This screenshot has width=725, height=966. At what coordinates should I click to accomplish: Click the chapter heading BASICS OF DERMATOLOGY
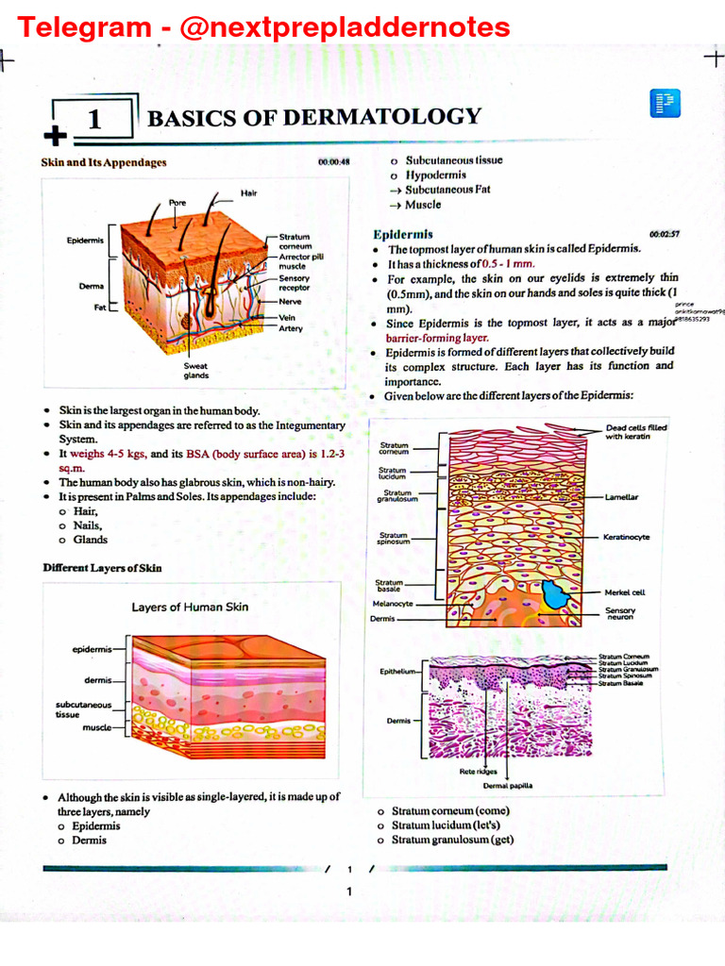pyautogui.click(x=314, y=118)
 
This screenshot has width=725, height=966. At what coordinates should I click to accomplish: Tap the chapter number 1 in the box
pyautogui.click(x=93, y=120)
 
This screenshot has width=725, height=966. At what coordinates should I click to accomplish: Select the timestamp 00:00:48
pyautogui.click(x=334, y=162)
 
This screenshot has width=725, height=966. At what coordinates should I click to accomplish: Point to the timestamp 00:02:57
pyautogui.click(x=665, y=234)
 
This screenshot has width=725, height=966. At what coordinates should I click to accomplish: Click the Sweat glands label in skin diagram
pyautogui.click(x=196, y=370)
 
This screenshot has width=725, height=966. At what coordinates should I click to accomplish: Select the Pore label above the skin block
pyautogui.click(x=177, y=203)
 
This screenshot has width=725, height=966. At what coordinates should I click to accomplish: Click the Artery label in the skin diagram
pyautogui.click(x=291, y=328)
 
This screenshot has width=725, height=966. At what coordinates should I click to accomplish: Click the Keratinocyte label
pyautogui.click(x=626, y=537)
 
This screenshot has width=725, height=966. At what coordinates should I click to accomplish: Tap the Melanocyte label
pyautogui.click(x=393, y=603)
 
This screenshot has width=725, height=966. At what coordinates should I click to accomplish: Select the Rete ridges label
pyautogui.click(x=478, y=771)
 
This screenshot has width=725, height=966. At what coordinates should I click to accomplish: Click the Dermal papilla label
pyautogui.click(x=508, y=785)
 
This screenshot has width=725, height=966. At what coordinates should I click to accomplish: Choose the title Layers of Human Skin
pyautogui.click(x=190, y=607)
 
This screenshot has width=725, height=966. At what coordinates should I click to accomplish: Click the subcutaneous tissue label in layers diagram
pyautogui.click(x=83, y=708)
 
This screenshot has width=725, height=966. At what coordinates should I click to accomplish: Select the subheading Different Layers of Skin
pyautogui.click(x=102, y=568)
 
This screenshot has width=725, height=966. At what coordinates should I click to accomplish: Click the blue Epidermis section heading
pyautogui.click(x=403, y=234)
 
